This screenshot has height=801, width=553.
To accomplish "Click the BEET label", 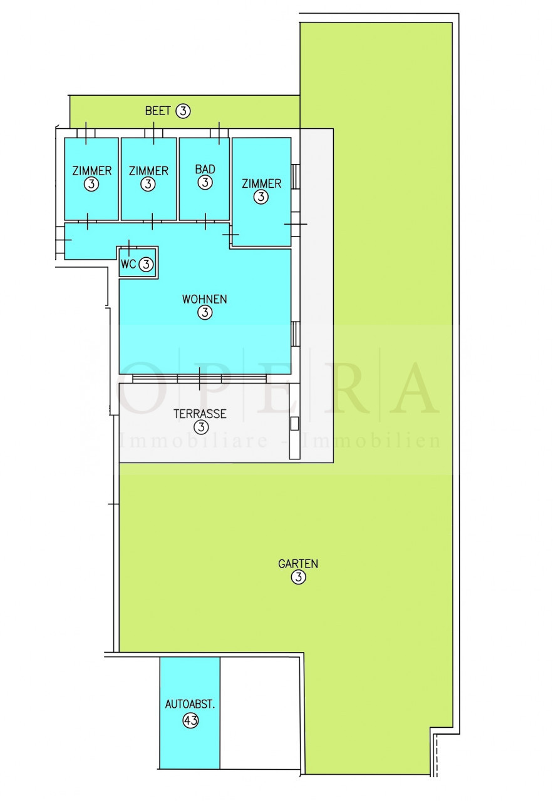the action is click(157, 111).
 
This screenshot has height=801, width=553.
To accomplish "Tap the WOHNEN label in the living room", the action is click(204, 299).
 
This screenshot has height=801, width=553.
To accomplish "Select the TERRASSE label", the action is click(200, 414).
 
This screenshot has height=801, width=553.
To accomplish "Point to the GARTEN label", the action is click(298, 564).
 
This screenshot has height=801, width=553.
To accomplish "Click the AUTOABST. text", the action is click(190, 704).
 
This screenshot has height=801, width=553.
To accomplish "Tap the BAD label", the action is click(205, 169).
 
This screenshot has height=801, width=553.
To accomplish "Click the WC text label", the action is click(128, 264).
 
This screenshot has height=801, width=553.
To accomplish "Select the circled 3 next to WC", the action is click(146, 265).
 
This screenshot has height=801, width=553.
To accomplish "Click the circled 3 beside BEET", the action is click(183, 111).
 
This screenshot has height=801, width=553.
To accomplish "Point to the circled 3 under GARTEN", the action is click(299, 577).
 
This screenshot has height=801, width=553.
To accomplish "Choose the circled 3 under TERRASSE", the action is click(201, 427).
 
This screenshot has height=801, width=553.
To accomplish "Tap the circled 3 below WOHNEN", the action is click(205, 312).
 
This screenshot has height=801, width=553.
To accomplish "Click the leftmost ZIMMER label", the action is click(92, 171).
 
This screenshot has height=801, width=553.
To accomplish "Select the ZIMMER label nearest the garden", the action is click(261, 184).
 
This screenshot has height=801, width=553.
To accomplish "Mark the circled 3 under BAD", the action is click(205, 182).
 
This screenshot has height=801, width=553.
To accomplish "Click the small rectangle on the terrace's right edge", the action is click(294, 424).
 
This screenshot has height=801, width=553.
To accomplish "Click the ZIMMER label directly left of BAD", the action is click(148, 171).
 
